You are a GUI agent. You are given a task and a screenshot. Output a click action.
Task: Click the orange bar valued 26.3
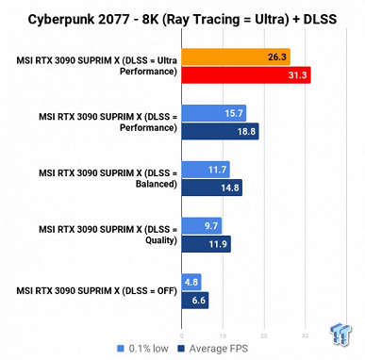(x=236, y=57)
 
